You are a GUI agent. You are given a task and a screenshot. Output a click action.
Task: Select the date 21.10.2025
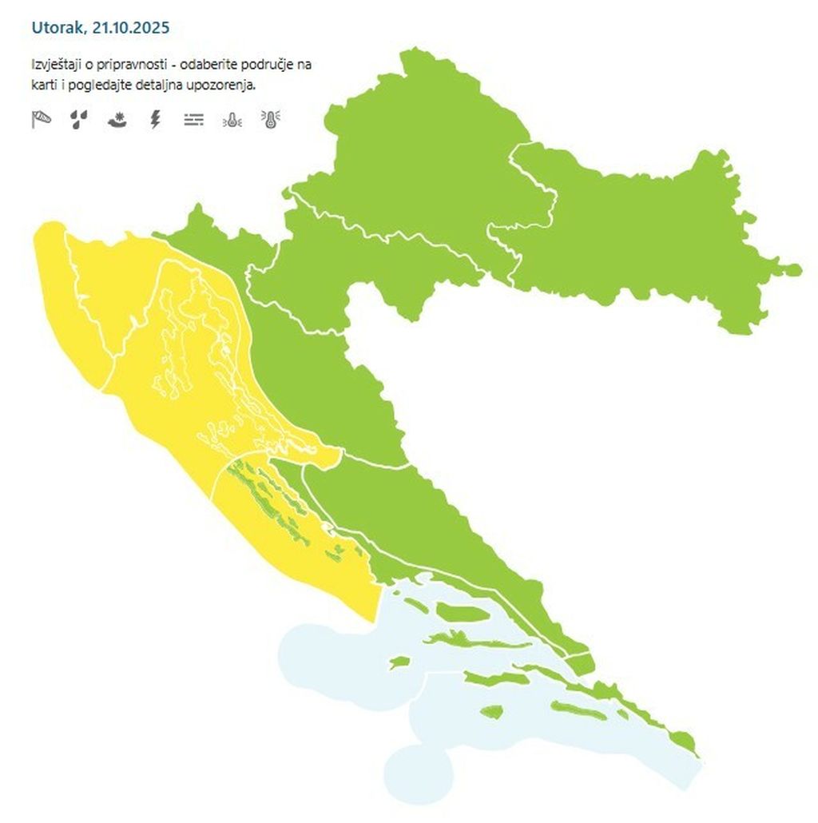pyautogui.click(x=131, y=28)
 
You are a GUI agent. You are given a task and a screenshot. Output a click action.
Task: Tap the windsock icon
pyautogui.click(x=42, y=120)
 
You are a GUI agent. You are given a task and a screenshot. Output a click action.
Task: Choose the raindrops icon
pyautogui.click(x=78, y=120)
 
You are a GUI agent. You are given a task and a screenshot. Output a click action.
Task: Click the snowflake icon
pyautogui.click(x=117, y=120)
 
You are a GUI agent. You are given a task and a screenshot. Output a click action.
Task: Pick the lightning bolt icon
pyautogui.click(x=156, y=120)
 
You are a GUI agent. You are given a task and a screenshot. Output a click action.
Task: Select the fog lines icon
pyautogui.click(x=193, y=120)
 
